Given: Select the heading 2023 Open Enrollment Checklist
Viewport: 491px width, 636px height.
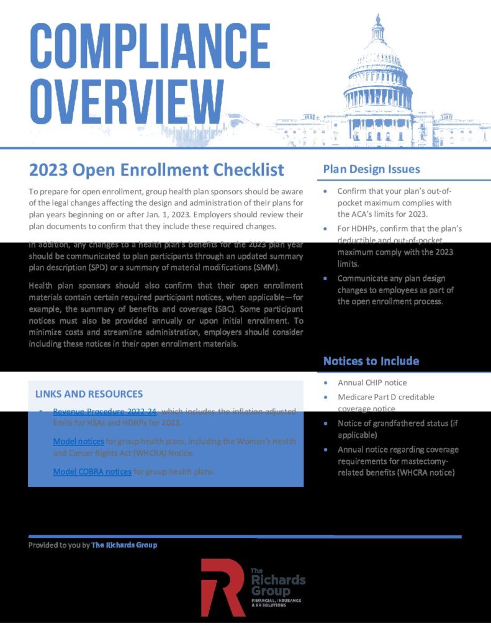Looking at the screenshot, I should point(156,170).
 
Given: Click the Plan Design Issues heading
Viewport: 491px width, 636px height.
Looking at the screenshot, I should point(371,169).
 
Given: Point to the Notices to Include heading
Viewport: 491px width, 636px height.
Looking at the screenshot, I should point(371,361).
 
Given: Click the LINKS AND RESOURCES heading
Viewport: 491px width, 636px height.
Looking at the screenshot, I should point(89,394).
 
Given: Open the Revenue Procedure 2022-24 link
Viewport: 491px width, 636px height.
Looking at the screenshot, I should point(105,411).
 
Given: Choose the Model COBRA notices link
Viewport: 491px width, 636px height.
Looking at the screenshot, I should point(92,471).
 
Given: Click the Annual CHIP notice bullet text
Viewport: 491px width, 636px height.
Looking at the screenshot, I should point(372,383).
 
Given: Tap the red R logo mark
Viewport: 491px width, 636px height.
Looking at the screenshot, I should point(222,586).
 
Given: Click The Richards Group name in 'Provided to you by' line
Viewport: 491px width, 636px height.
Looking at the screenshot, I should point(124,545).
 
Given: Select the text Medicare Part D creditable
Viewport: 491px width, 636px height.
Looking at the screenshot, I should point(385,397).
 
